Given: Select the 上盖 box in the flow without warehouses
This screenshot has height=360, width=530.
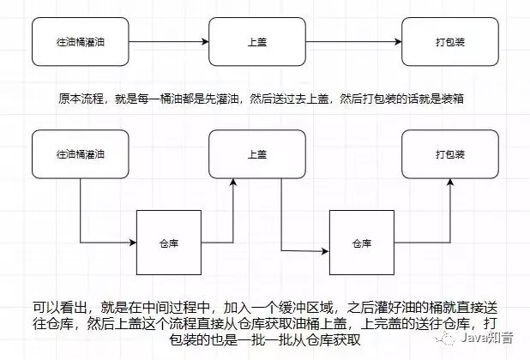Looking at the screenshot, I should [256, 42].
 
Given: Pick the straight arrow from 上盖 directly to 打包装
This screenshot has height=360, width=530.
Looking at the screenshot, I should [353, 42].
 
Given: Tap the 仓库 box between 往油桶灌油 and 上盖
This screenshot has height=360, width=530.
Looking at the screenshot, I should [168, 243].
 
